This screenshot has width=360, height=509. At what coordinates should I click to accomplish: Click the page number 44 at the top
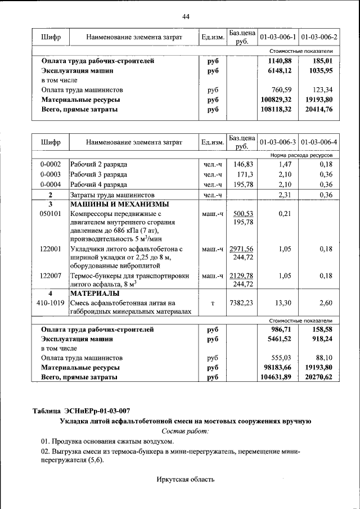(x=186, y=16)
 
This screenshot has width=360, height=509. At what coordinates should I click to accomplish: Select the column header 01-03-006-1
(x=277, y=37)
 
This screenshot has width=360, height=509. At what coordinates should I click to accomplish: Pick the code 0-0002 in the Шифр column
(x=49, y=164)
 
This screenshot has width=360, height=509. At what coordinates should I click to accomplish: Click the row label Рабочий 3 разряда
(x=99, y=174)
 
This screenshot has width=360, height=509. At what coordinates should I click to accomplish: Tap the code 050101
(x=49, y=214)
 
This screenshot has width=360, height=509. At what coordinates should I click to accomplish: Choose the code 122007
(x=49, y=276)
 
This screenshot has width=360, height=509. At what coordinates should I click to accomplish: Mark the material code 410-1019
(x=49, y=303)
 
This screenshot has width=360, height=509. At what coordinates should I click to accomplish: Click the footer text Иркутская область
(x=185, y=479)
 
